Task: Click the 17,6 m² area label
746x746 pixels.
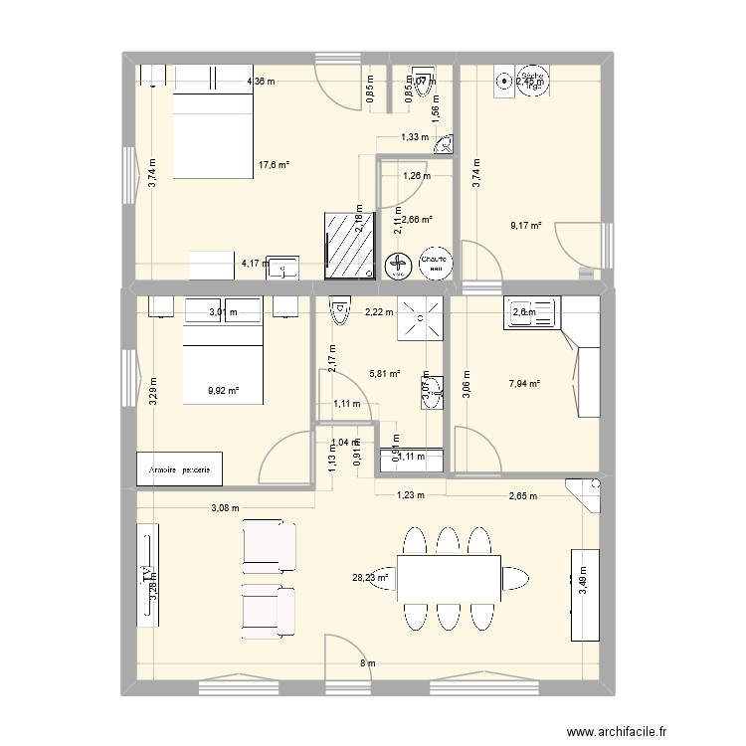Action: pyautogui.click(x=274, y=165)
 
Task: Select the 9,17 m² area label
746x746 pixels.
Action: pyautogui.click(x=525, y=226)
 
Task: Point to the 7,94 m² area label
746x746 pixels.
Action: pyautogui.click(x=524, y=383)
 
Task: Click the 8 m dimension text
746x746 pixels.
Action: pyautogui.click(x=367, y=663)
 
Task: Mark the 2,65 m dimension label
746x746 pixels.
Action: pyautogui.click(x=522, y=495)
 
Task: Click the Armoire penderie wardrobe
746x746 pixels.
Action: pyautogui.click(x=180, y=468)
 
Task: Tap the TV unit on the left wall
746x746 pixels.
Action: pyautogui.click(x=148, y=574)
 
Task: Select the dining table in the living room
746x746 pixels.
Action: pyautogui.click(x=449, y=577)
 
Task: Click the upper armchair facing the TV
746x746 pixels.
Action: pyautogui.click(x=268, y=542)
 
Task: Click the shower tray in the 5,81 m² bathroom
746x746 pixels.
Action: pyautogui.click(x=418, y=317)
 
